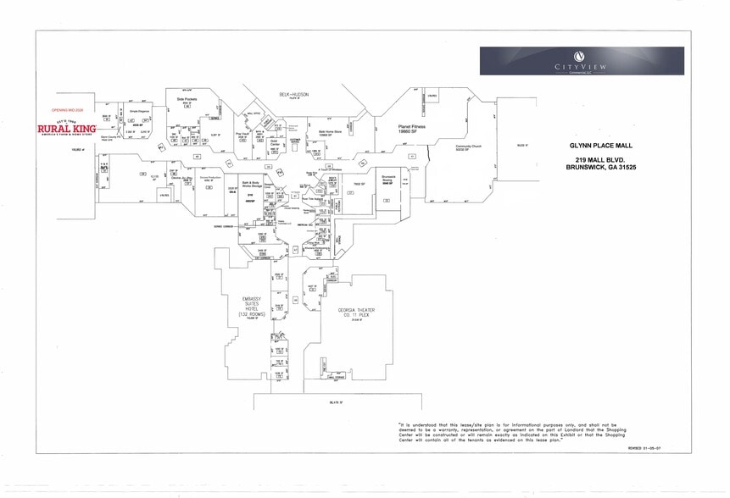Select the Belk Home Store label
point(330,132)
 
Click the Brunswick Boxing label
point(389,179)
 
